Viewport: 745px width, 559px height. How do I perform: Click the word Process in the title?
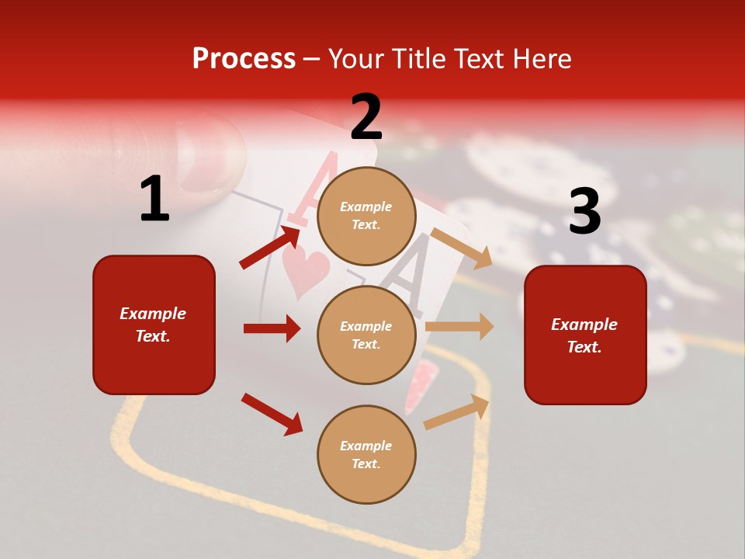pyautogui.click(x=244, y=58)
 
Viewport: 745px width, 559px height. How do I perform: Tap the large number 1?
pyautogui.click(x=154, y=199)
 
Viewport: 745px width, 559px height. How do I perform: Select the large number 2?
pyautogui.click(x=366, y=117)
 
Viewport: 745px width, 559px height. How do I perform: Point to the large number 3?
pyautogui.click(x=584, y=211)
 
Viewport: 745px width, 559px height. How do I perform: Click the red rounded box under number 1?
pyautogui.click(x=154, y=325)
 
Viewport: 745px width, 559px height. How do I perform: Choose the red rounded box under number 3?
pyautogui.click(x=585, y=335)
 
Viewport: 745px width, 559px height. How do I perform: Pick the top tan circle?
pyautogui.click(x=366, y=216)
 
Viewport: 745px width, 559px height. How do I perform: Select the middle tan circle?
pyautogui.click(x=366, y=335)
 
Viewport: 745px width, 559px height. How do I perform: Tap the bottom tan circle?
pyautogui.click(x=366, y=454)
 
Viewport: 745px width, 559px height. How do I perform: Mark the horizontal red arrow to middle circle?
pyautogui.click(x=272, y=328)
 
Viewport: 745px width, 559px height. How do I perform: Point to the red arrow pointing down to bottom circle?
pyautogui.click(x=272, y=414)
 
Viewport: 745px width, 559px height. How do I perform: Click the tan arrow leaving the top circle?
pyautogui.click(x=461, y=248)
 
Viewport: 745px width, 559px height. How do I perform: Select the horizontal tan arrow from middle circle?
pyautogui.click(x=459, y=326)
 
